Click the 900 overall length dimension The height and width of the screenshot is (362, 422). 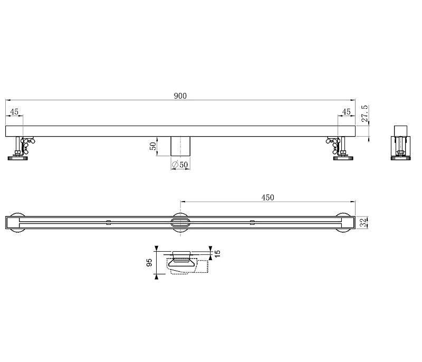180,96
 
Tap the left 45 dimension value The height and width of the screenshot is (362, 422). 14,112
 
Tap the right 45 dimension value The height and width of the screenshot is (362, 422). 347,112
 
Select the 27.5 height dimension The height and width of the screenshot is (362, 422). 365,113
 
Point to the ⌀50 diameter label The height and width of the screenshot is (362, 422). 180,165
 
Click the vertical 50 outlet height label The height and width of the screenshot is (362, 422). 153,146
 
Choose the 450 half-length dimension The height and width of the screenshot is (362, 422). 268,197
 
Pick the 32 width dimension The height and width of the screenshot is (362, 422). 363,223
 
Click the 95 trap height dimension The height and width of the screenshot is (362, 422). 149,262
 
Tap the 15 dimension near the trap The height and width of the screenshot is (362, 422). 217,253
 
